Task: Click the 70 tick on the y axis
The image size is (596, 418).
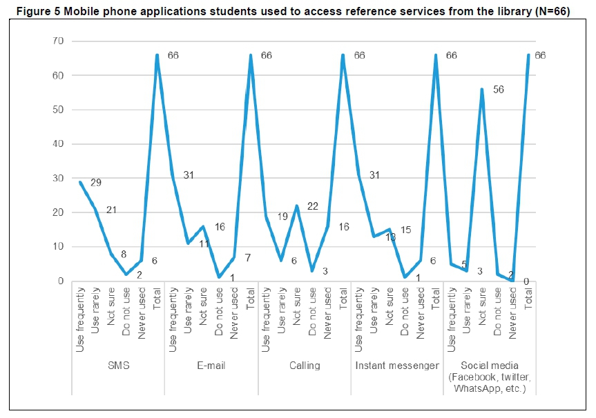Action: point(58,41)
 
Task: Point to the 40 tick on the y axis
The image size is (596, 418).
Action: point(58,144)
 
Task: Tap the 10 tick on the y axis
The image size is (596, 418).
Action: point(58,247)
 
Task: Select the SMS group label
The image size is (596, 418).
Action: point(118,366)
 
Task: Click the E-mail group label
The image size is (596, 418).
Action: point(211,366)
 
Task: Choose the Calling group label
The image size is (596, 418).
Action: point(305,366)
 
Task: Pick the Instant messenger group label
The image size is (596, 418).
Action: point(397,366)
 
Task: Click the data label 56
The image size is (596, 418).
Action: point(499,90)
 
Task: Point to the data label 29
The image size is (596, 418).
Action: point(97,182)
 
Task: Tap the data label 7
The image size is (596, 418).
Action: point(247,257)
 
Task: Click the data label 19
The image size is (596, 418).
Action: point(282,217)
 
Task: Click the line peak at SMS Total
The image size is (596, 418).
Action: point(157,55)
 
